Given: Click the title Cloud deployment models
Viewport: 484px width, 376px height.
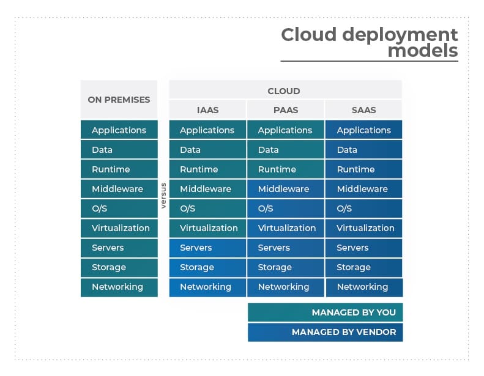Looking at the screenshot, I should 369,43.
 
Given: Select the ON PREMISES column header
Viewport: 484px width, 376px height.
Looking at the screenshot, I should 119,99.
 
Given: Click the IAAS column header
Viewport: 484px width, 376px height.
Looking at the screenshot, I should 207,110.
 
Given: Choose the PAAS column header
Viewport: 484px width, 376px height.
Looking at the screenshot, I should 285,110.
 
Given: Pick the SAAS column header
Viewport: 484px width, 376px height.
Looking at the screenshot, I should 363,110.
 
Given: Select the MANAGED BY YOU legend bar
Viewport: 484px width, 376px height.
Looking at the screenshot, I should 325,312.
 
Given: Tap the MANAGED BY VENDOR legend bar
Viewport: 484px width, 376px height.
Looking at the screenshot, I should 325,332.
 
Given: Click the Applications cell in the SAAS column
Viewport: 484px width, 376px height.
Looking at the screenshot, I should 363,130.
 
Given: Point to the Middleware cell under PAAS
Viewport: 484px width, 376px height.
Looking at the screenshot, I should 285,189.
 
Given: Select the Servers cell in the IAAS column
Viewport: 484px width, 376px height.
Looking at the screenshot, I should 207,248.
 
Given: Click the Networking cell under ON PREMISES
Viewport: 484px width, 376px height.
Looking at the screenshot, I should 119,287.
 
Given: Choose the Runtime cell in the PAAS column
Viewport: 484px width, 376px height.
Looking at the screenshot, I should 285,169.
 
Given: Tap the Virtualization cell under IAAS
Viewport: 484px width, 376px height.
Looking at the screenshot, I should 207,228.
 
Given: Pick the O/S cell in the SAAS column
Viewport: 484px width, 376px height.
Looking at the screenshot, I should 363,208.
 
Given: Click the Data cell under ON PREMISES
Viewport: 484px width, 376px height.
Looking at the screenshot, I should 119,150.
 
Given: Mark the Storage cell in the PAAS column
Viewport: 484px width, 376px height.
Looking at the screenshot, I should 285,267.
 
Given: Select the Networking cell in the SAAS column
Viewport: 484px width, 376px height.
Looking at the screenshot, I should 363,287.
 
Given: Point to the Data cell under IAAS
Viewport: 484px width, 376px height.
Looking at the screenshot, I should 207,150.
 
